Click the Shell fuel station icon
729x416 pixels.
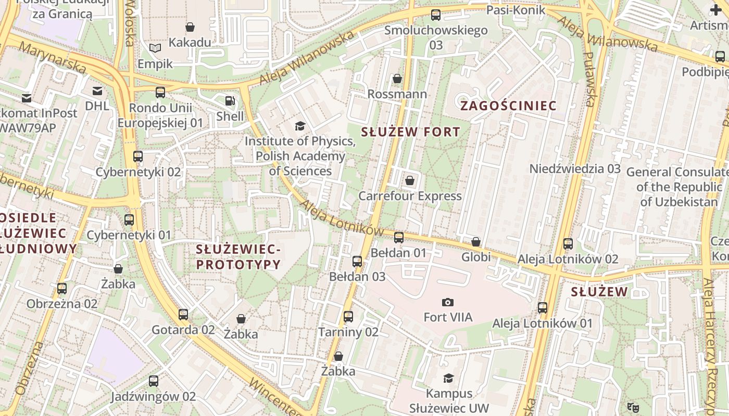pyautogui.click(x=230, y=100)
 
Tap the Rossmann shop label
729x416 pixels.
pyautogui.click(x=397, y=94)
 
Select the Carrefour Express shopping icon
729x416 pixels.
pyautogui.click(x=410, y=180)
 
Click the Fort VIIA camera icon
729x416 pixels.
pyautogui.click(x=447, y=302)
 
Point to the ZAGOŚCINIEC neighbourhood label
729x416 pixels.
pyautogui.click(x=508, y=106)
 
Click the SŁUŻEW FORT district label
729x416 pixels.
pyautogui.click(x=410, y=132)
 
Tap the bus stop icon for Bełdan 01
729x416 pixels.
pyautogui.click(x=399, y=238)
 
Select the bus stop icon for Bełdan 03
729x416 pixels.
pyautogui.click(x=357, y=261)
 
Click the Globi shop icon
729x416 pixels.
pyautogui.click(x=476, y=242)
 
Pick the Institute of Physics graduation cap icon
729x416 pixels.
pyautogui.click(x=300, y=126)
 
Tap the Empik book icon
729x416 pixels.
pyautogui.click(x=155, y=48)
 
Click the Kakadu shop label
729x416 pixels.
pyautogui.click(x=190, y=42)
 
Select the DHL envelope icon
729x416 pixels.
pyautogui.click(x=97, y=91)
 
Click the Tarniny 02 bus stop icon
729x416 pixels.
pyautogui.click(x=348, y=316)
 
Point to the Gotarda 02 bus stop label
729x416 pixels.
pyautogui.click(x=183, y=330)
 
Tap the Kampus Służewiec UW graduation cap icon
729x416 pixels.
pyautogui.click(x=448, y=378)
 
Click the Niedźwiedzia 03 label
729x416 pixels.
pyautogui.click(x=575, y=168)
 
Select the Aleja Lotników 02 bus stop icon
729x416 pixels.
pyautogui.click(x=568, y=243)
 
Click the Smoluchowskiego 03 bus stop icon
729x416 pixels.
pyautogui.click(x=436, y=15)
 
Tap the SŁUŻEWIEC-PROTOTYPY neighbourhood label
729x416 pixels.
pyautogui.click(x=238, y=257)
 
